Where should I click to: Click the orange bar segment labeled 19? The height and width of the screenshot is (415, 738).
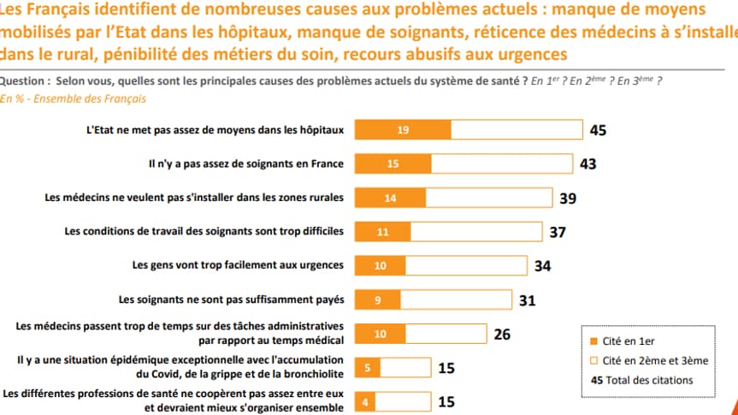[x=402, y=130]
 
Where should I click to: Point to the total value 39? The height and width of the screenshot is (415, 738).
[x=568, y=198]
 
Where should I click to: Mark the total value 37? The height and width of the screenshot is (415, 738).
[x=557, y=232]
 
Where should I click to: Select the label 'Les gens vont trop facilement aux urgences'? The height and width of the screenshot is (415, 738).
[x=238, y=265]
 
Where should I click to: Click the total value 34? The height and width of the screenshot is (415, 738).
[x=542, y=266]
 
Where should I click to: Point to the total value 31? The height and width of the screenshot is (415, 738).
[x=528, y=300]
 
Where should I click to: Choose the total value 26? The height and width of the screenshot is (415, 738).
[x=502, y=334]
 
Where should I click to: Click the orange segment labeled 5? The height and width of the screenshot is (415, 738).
[x=367, y=369]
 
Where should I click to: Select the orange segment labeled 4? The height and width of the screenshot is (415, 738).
[x=366, y=402]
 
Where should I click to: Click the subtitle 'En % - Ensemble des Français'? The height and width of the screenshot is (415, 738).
[x=73, y=98]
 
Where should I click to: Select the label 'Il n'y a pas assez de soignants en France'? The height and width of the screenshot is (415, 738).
[x=245, y=163]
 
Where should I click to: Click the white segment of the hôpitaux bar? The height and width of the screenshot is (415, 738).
[x=517, y=130]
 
